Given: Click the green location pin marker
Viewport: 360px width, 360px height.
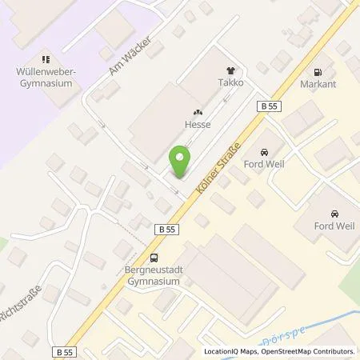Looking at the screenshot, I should coord(182,162).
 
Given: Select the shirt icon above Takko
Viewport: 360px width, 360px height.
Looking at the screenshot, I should coord(233,70).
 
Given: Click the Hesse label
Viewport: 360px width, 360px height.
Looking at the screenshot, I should coord(198,126).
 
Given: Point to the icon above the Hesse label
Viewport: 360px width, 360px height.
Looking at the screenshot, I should coord(198,114).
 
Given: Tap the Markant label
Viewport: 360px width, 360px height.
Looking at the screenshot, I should coord(318,82).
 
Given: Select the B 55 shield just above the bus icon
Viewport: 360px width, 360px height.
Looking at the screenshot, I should coord(165,230).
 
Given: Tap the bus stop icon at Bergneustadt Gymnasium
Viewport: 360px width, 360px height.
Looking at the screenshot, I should coord(153,257).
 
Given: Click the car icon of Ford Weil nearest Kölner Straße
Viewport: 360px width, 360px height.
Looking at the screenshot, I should coord(263,152).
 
